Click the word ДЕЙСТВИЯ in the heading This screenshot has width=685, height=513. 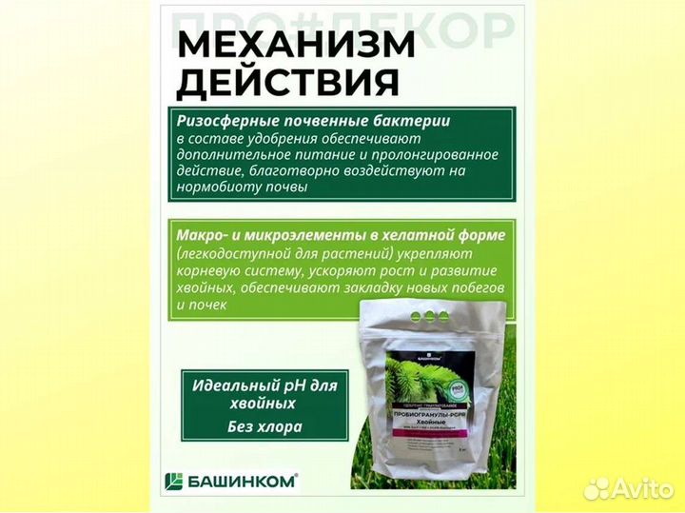pyautogui.click(x=287, y=83)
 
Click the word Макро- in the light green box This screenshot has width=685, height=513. pyautogui.click(x=202, y=234)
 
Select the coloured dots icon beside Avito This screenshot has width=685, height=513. pyautogui.click(x=597, y=487)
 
